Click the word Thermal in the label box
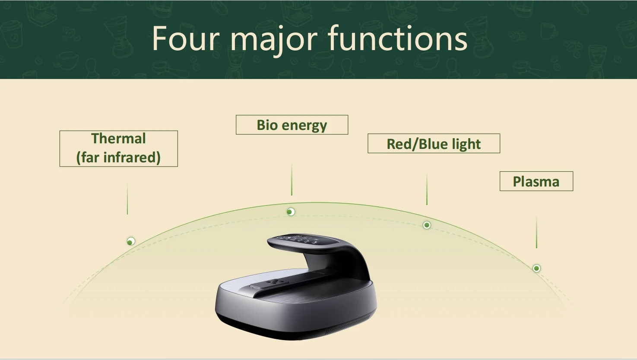click(x=118, y=139)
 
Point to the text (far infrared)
click(x=118, y=158)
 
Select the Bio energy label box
click(x=292, y=125)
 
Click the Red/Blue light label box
click(x=434, y=144)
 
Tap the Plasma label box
click(x=536, y=181)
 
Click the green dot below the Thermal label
click(x=131, y=241)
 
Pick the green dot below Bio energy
click(x=291, y=212)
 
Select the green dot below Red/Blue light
click(x=427, y=225)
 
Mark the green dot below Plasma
click(x=536, y=268)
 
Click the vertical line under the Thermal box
click(x=127, y=199)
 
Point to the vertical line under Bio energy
click(x=292, y=180)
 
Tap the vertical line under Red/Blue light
click(x=427, y=189)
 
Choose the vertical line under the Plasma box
click(x=536, y=232)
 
